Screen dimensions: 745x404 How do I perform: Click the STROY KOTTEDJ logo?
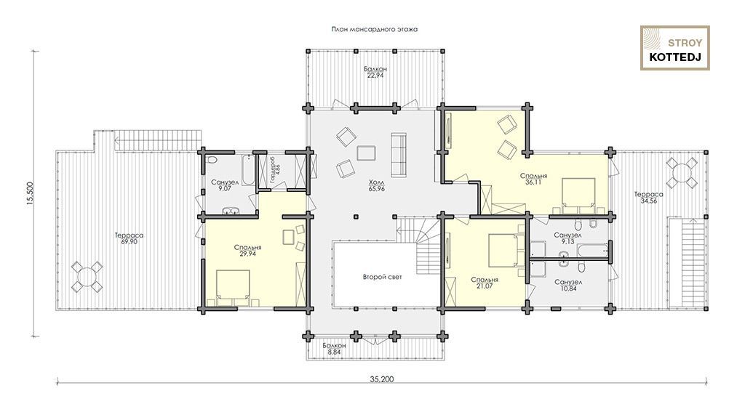(x=674, y=48)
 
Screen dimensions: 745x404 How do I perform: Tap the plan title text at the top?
(x=375, y=30)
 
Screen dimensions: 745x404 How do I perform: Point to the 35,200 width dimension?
(x=382, y=379)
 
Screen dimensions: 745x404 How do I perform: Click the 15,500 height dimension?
(x=29, y=194)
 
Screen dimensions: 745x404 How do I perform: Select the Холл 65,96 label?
(x=376, y=185)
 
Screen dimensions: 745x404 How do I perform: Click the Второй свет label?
(x=383, y=277)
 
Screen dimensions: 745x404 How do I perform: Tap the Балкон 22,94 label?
(x=375, y=72)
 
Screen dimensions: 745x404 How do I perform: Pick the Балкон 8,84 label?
(x=334, y=349)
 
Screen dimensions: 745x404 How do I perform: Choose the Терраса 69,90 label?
(x=129, y=238)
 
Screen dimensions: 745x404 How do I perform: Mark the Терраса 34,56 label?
(x=648, y=198)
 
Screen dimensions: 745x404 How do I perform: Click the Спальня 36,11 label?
(x=533, y=179)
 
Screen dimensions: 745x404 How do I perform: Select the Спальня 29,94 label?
(x=247, y=251)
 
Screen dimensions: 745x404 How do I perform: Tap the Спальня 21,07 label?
(x=485, y=283)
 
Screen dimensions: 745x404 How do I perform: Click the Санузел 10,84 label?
(x=568, y=286)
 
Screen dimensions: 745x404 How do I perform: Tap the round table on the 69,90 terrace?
(x=87, y=277)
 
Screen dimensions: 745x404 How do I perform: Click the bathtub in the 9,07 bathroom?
(x=248, y=170)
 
